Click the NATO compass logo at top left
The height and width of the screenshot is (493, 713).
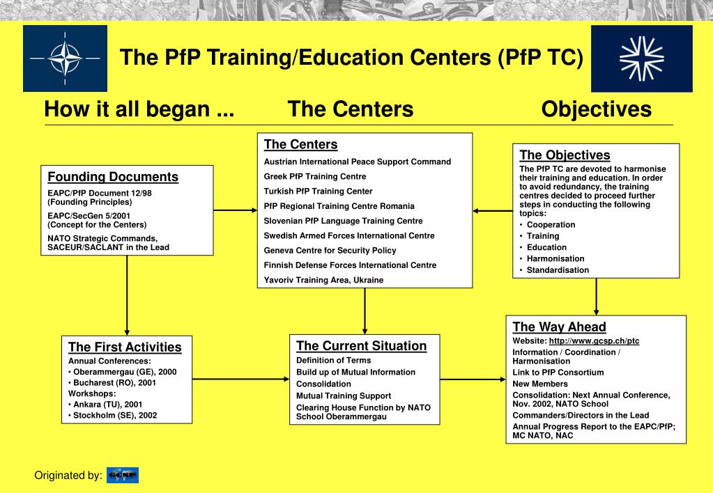pos(65,58)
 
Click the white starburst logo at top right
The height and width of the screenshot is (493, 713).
pos(642,58)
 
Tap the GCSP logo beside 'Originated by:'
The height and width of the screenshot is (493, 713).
pos(123,476)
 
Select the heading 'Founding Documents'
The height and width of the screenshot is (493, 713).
pos(113,177)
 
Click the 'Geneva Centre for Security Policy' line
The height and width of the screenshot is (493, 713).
pos(330,250)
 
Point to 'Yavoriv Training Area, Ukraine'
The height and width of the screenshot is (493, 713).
pos(323,280)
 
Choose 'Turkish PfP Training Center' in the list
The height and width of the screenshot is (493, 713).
pos(318,191)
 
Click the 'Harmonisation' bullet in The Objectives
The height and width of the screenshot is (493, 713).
pos(556,258)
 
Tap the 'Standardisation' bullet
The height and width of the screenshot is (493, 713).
pos(558,269)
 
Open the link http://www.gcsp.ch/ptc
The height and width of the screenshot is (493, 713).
pos(594,341)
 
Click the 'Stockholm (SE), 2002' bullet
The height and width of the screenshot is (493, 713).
pos(115,415)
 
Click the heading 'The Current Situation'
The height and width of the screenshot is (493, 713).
pos(361,346)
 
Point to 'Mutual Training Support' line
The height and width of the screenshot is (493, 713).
pos(344,396)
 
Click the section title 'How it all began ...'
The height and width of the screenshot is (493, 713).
pos(139,109)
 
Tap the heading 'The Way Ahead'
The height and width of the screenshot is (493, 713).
pos(559,327)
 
